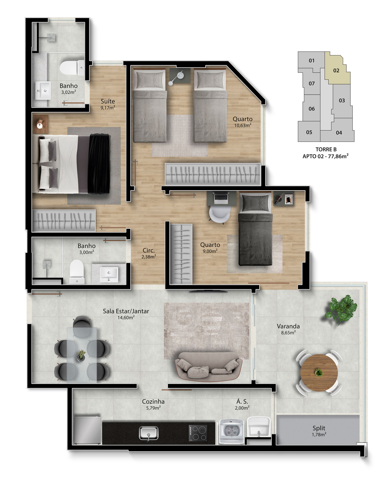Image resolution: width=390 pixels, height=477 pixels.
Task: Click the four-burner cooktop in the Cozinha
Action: (x=198, y=433)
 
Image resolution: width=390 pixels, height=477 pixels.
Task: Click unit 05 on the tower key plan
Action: (x=309, y=132)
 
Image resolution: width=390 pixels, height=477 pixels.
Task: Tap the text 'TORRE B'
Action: (x=326, y=150)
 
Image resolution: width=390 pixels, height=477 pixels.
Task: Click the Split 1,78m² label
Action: (x=319, y=431)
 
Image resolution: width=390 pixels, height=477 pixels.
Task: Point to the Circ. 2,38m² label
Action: (x=149, y=253)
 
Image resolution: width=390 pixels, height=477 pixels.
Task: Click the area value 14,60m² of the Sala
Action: (x=126, y=317)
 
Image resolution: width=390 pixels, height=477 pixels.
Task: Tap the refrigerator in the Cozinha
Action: (x=87, y=430)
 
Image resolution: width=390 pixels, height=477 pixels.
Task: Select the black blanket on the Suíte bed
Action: (x=99, y=164)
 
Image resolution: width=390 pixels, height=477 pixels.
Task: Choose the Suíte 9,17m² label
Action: (x=108, y=104)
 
